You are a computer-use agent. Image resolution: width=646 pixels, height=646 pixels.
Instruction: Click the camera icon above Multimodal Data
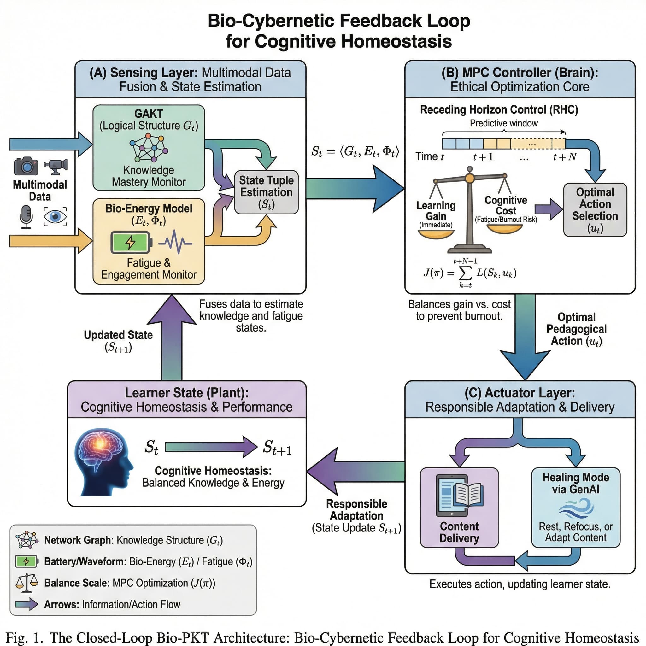pyautogui.click(x=26, y=166)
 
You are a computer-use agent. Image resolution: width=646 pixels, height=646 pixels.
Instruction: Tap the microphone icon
pyautogui.click(x=26, y=216)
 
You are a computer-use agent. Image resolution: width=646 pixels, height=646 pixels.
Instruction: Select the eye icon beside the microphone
pyautogui.click(x=55, y=216)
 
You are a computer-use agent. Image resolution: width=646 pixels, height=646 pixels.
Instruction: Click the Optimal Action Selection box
pyautogui.click(x=595, y=210)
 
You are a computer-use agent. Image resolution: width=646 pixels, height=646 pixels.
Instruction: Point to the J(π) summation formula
pyautogui.click(x=470, y=273)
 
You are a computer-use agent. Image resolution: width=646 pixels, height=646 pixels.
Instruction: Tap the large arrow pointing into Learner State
pyautogui.click(x=355, y=472)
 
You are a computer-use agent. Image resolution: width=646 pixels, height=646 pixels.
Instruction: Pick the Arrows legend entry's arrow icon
pyautogui.click(x=27, y=604)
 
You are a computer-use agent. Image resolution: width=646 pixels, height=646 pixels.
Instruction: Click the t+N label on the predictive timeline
pyautogui.click(x=564, y=157)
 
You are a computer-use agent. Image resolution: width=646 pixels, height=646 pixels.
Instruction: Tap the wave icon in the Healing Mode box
pyautogui.click(x=576, y=508)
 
